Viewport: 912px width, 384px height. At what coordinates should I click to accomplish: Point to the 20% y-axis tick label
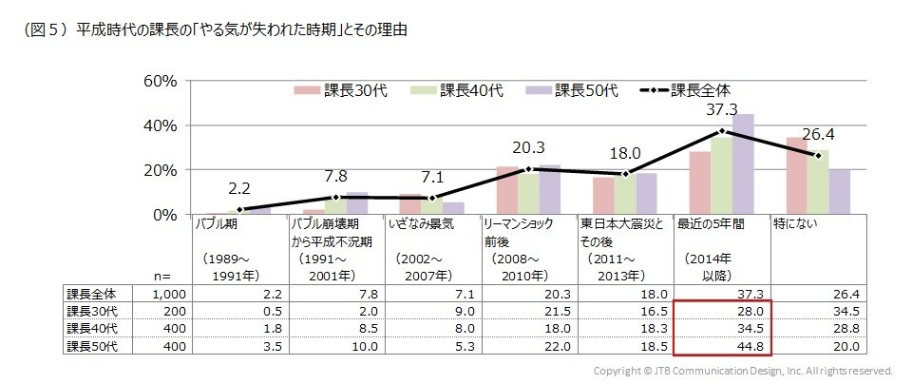pos(160,170)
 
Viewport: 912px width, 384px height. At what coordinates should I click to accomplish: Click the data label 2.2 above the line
pos(239,189)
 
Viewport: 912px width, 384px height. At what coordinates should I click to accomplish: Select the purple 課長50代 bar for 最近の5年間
pos(743,164)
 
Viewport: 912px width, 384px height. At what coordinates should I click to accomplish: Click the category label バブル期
pos(217,226)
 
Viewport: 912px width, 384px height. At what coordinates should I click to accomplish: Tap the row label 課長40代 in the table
pos(89,330)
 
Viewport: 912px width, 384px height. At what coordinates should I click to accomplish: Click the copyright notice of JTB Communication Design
pos(743,371)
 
